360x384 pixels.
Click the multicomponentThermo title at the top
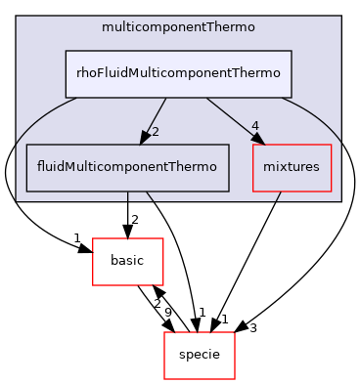[x=178, y=26]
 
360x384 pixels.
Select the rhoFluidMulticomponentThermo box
[x=178, y=74]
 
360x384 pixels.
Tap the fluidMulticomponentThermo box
[x=126, y=167]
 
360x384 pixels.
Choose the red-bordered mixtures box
[x=292, y=167]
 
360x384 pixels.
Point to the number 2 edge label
[x=155, y=132]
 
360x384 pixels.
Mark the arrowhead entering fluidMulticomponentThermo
[x=143, y=139]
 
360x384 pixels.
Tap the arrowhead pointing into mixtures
[x=258, y=140]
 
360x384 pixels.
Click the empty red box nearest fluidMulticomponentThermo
[x=127, y=261]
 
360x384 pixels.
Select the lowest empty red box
[x=199, y=355]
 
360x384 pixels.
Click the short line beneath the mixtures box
[x=279, y=195]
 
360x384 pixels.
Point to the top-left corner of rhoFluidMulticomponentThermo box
[x=66, y=51]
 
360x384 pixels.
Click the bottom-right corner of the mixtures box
[x=333, y=191]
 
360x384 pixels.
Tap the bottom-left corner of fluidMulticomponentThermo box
[x=25, y=191]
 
